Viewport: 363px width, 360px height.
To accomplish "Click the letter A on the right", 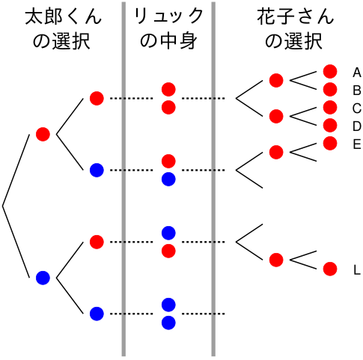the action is tap(357, 73).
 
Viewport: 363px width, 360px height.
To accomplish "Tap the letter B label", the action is tap(357, 91).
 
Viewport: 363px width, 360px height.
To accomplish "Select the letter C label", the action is tap(357, 109).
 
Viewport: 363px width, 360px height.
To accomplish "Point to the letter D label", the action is tap(357, 126).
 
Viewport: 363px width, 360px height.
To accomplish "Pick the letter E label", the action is tap(357, 144).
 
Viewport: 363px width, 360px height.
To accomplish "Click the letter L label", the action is tap(357, 270).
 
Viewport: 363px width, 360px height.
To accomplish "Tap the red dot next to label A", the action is tap(330, 72).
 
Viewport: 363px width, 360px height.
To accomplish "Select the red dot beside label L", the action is tap(330, 269).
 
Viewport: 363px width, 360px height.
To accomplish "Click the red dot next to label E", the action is tap(330, 144).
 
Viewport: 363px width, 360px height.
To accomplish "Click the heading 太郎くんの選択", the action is tap(63, 28).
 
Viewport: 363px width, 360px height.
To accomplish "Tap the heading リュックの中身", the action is tap(168, 28).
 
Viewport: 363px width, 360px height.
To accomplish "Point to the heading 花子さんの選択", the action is tap(295, 28).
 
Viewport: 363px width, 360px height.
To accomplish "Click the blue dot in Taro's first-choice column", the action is tap(43, 278).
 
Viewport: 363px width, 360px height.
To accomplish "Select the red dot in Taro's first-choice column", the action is tap(43, 134).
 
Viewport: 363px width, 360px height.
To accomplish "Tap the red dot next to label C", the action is tap(330, 108).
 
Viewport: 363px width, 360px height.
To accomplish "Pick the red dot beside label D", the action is tap(330, 126).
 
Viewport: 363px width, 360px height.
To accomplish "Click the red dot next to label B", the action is tap(330, 90).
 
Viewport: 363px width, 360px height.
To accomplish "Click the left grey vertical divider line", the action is tap(123, 179).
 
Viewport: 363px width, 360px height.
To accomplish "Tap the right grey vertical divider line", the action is tap(213, 179).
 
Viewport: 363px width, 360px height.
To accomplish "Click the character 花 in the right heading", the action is tap(266, 17).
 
